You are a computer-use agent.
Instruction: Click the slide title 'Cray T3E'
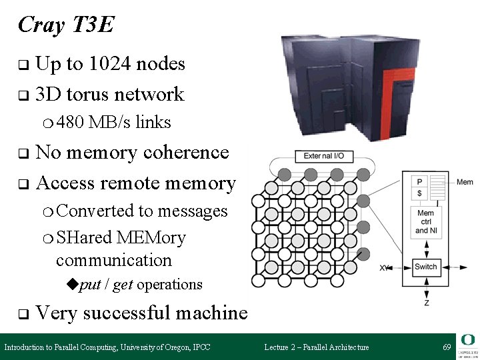[66, 25]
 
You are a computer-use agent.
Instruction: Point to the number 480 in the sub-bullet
[71, 123]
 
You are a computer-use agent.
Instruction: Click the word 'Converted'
[95, 211]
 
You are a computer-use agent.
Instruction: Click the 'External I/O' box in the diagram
[324, 156]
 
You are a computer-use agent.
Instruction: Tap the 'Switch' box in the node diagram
[425, 267]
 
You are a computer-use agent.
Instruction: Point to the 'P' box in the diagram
[419, 182]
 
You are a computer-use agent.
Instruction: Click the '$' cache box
[419, 193]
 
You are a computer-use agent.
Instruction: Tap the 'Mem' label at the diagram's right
[465, 182]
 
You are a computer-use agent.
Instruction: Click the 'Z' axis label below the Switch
[426, 303]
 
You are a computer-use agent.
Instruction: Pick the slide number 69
[447, 347]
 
